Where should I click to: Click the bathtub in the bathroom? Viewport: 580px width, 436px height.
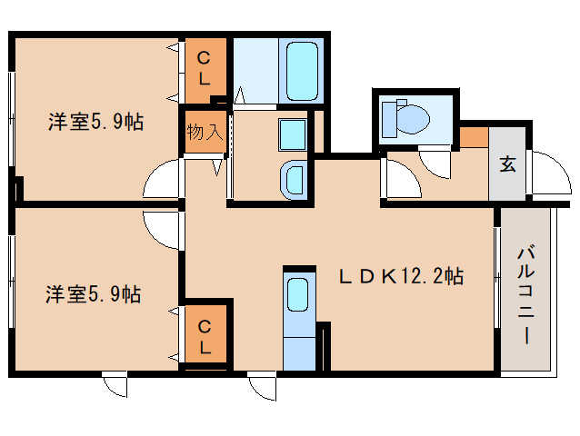click(302, 71)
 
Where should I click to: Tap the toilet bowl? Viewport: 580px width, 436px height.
click(413, 119)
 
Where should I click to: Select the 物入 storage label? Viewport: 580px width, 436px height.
click(205, 132)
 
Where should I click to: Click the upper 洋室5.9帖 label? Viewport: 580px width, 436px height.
click(95, 122)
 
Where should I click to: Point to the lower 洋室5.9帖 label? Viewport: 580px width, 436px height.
click(94, 294)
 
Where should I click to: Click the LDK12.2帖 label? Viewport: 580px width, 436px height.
click(401, 275)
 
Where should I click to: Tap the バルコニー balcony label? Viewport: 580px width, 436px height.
click(525, 294)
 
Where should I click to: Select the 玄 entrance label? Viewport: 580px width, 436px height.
click(507, 163)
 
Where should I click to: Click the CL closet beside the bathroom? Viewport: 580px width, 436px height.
click(205, 71)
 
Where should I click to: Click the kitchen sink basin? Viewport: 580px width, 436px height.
click(298, 295)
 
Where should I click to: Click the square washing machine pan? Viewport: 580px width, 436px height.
click(293, 134)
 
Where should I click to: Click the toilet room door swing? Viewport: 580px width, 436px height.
click(435, 164)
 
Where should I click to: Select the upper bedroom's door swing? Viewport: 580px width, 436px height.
click(162, 178)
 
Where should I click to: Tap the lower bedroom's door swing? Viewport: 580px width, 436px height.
click(162, 230)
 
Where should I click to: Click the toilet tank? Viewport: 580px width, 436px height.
click(389, 119)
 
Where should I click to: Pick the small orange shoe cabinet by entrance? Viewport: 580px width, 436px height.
click(475, 137)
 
